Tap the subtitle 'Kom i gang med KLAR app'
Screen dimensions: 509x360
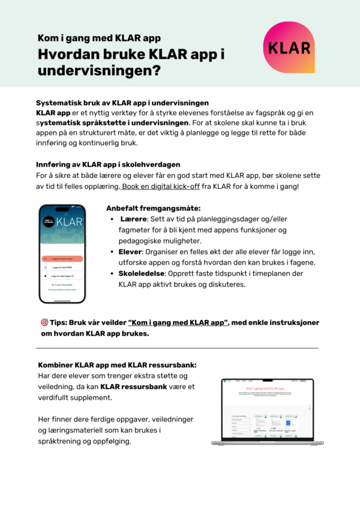tap(99, 38)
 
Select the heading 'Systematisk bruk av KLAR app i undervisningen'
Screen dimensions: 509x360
tap(122, 103)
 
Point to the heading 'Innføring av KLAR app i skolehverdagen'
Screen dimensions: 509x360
tap(108, 164)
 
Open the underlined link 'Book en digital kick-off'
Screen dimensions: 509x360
tap(157, 187)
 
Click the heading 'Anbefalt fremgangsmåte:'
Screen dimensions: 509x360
tap(153, 207)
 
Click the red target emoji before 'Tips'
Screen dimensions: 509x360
tap(44, 323)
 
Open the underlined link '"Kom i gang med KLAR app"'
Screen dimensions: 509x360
tap(178, 323)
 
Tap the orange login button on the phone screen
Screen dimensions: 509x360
tap(62, 258)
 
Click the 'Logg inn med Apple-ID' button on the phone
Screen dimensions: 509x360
tap(62, 276)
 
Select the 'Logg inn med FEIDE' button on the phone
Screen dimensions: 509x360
tap(62, 267)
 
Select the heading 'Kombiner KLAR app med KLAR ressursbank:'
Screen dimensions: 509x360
tap(117, 365)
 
